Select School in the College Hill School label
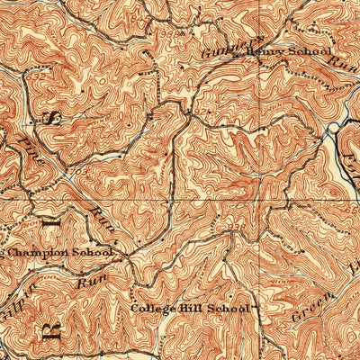(229, 309)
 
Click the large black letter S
(51, 117)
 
